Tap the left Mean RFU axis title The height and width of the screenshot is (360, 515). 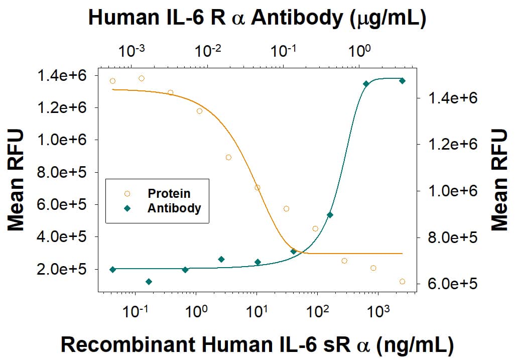tap(16, 180)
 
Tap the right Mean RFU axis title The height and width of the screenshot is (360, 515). tap(499, 180)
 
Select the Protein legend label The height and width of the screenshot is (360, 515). tap(169, 193)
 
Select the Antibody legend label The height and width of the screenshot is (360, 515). tap(174, 208)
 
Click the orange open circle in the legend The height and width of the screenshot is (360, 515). tap(127, 193)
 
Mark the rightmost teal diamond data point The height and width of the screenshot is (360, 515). tap(402, 81)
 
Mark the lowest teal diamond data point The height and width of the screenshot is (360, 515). tap(149, 282)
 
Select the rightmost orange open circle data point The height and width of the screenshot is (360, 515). tap(402, 282)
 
